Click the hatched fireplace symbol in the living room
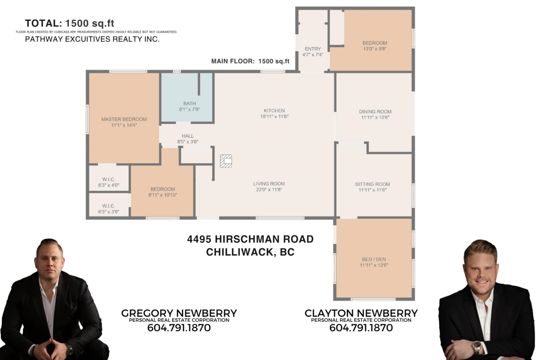[x=226, y=161]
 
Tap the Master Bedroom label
[x=124, y=119]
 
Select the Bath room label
[x=189, y=103]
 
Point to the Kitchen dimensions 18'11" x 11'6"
[x=274, y=117]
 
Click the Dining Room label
[x=375, y=112]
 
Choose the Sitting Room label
[x=373, y=184]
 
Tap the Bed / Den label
[x=374, y=259]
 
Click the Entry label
[x=313, y=49]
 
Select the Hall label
[x=188, y=136]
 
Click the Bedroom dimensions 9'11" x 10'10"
[x=163, y=195]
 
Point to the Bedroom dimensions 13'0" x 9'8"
[x=375, y=49]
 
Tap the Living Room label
[x=269, y=184]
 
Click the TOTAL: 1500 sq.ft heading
[x=69, y=23]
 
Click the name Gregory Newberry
[x=179, y=313]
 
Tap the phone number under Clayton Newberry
[x=361, y=328]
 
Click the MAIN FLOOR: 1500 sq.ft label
[x=250, y=61]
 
